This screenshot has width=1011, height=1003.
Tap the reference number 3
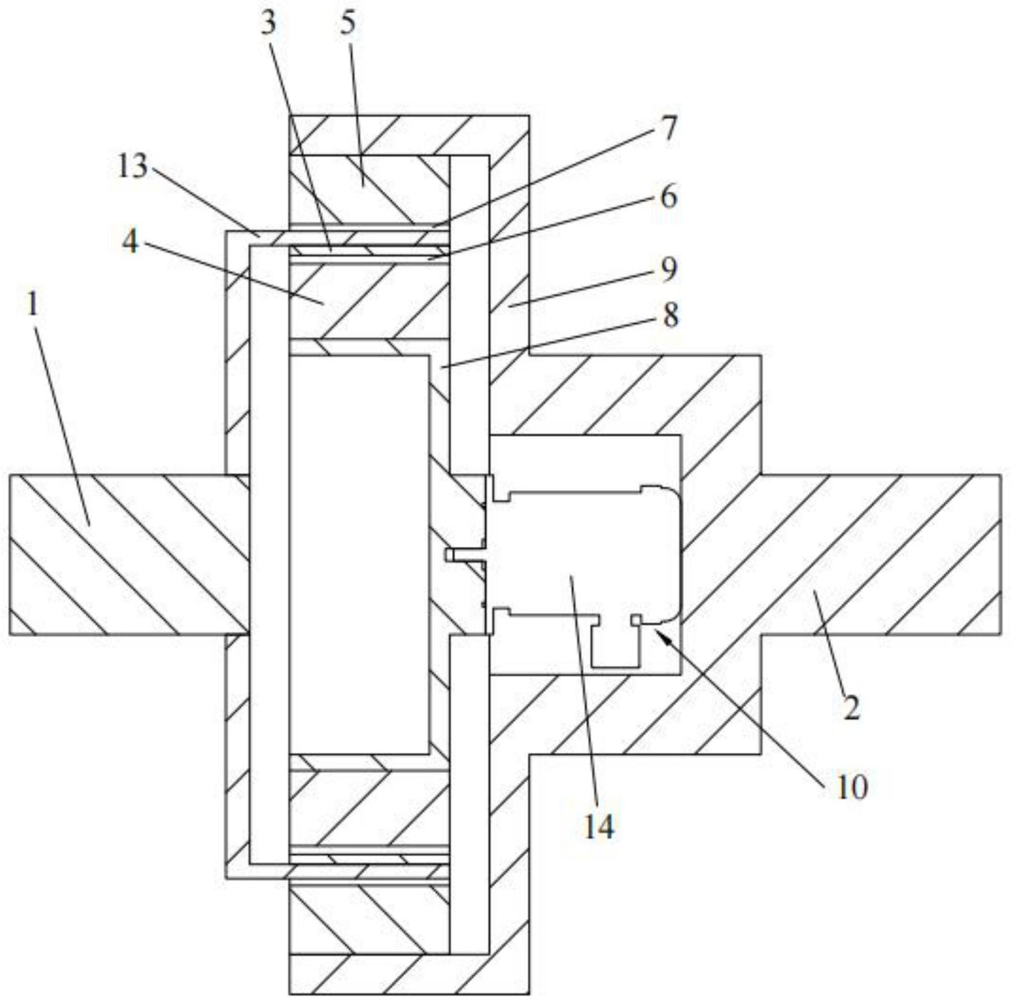[268, 24]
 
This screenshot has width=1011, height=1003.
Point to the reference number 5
[347, 24]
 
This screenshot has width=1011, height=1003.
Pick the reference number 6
[667, 198]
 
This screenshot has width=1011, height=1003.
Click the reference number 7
[668, 129]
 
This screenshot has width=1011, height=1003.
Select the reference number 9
[668, 270]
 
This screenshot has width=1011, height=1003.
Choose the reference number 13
[132, 166]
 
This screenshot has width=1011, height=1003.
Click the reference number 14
[598, 827]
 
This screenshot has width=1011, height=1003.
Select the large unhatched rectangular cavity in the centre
[360, 555]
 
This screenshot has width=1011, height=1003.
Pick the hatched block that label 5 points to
[369, 189]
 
